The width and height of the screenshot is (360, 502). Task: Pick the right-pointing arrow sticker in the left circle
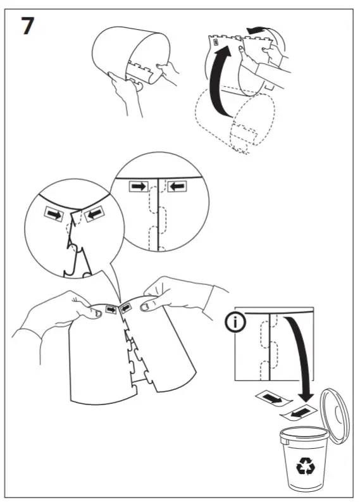[x=54, y=215]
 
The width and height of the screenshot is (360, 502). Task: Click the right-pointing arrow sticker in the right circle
[x=137, y=187]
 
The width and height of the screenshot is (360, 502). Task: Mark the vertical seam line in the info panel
[x=271, y=345]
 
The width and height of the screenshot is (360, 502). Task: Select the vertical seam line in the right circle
[x=158, y=215]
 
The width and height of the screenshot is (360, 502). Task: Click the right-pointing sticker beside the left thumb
[x=112, y=310]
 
